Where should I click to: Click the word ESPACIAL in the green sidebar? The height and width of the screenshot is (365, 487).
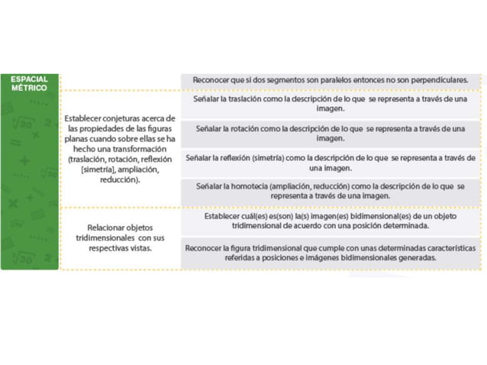29,79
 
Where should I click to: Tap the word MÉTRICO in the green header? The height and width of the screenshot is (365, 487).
29,88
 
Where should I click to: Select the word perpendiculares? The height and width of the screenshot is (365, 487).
437,79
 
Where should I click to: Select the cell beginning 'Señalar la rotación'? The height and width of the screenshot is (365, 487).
330,134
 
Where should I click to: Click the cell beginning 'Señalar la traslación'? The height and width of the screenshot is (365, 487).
330,105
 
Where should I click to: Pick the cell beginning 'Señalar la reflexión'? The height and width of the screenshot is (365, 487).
330,163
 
